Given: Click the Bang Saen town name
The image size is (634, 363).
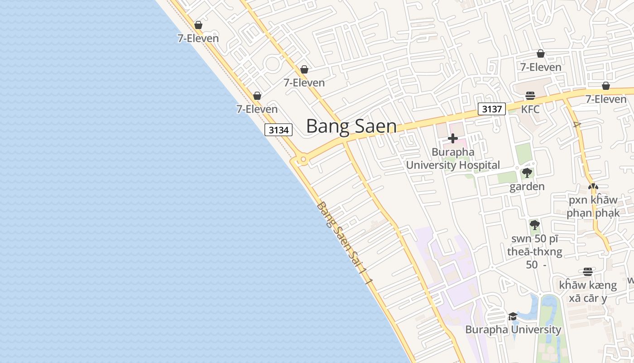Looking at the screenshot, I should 351,126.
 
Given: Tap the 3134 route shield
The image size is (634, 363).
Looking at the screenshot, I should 279,130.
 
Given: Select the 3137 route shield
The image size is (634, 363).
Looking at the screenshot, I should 491,109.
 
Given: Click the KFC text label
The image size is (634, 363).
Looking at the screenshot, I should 530,109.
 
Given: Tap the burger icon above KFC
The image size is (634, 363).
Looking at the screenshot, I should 530,96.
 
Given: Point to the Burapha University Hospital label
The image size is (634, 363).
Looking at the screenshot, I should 453,158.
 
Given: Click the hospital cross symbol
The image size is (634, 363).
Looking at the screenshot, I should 452,138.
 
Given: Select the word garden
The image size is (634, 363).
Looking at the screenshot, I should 527,186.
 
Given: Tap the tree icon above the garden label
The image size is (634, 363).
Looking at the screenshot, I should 527,173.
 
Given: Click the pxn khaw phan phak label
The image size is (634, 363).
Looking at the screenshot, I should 593,206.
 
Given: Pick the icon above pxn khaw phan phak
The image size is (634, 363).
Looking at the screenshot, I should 593,186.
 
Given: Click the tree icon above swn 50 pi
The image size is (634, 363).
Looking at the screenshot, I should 534,225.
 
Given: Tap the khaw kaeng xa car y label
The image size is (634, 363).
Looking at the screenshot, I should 588,291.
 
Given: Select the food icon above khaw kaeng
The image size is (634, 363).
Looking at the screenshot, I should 588,272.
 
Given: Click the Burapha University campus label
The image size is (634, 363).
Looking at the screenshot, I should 513,329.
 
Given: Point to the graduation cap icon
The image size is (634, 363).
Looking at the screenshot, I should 513,316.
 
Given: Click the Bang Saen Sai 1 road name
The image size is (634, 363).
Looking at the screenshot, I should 345,243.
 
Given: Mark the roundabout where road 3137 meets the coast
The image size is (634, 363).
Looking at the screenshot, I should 303,159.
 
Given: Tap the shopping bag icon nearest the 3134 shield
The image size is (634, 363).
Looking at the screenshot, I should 257,96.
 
